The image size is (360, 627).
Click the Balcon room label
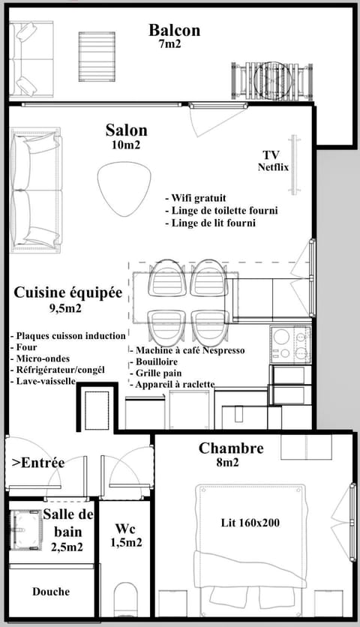[174, 30]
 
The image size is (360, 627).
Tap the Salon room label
[126, 130]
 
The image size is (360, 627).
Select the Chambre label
[230, 448]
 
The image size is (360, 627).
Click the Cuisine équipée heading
[67, 293]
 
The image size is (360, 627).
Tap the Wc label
[125, 528]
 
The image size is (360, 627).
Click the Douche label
[51, 592]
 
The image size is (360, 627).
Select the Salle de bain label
[67, 522]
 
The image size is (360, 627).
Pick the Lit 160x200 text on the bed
[250, 522]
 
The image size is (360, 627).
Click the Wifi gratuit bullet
[192, 198]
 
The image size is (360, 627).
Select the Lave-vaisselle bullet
[43, 381]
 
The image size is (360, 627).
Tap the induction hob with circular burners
[290, 344]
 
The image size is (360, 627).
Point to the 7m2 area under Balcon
[169, 44]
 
